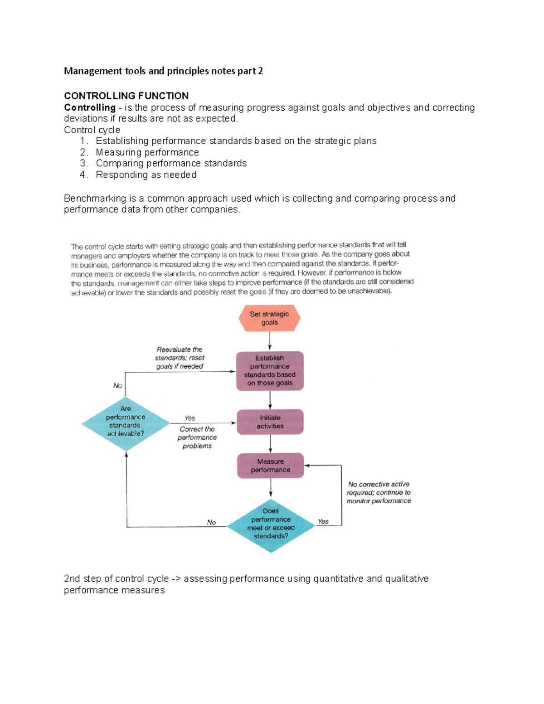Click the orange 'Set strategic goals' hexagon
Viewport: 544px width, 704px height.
coord(269,318)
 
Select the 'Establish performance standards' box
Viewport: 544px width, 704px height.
coord(270,370)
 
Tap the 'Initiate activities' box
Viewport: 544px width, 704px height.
coord(270,422)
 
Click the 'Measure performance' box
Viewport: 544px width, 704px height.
coord(271,466)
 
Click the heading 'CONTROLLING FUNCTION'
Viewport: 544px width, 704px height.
coord(126,96)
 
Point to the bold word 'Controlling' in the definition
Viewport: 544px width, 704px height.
coord(90,107)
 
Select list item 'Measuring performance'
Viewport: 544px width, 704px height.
coord(147,152)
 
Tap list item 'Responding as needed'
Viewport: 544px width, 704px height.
coord(146,175)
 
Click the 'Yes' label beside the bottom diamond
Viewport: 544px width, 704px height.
coord(323,521)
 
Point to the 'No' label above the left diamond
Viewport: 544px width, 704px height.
coord(117,385)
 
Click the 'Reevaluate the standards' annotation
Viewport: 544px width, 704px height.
coord(180,358)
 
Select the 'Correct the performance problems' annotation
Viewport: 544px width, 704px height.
coord(197,437)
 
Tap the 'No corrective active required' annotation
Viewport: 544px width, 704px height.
coord(379,492)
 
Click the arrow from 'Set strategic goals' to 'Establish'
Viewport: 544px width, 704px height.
coord(270,341)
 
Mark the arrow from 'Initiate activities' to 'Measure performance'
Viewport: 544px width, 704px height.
coord(271,443)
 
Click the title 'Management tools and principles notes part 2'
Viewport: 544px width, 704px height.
coord(163,71)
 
